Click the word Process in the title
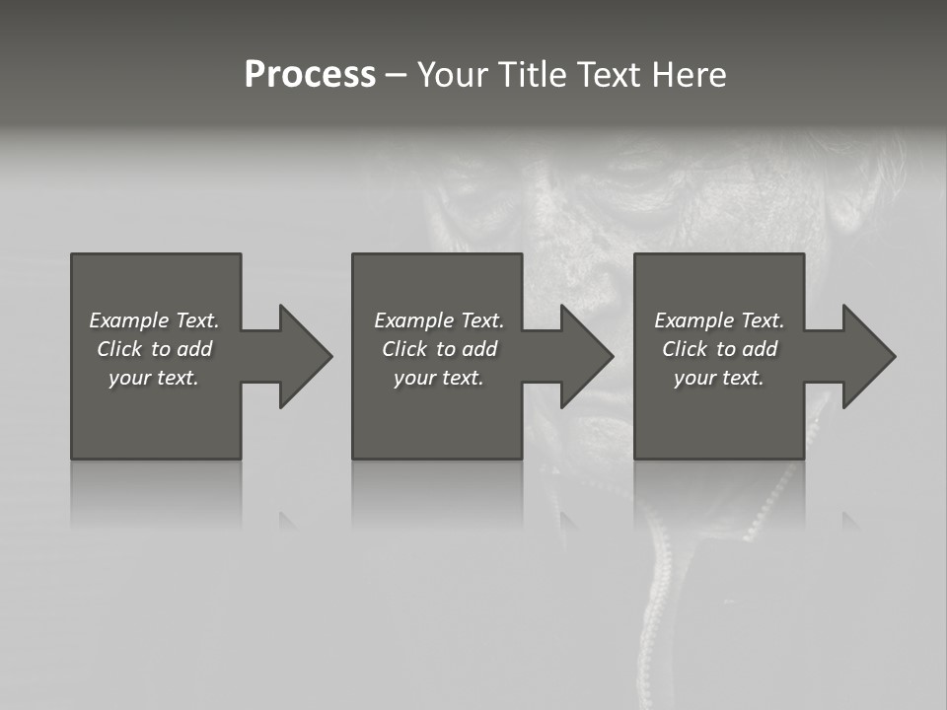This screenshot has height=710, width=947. coord(310,75)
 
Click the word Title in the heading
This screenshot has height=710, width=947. coord(529,75)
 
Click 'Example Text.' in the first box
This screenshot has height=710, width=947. coord(154,320)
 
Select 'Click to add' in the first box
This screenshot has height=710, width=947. coord(154,349)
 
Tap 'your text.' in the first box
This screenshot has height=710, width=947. coord(154,378)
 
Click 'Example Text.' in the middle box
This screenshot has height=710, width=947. coord(438,320)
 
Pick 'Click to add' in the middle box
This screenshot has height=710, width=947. coord(438,349)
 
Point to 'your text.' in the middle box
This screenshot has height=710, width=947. coord(438,378)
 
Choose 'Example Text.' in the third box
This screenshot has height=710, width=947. coord(719,320)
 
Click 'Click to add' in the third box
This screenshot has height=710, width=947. coord(719,349)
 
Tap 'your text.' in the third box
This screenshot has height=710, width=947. coord(719,378)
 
